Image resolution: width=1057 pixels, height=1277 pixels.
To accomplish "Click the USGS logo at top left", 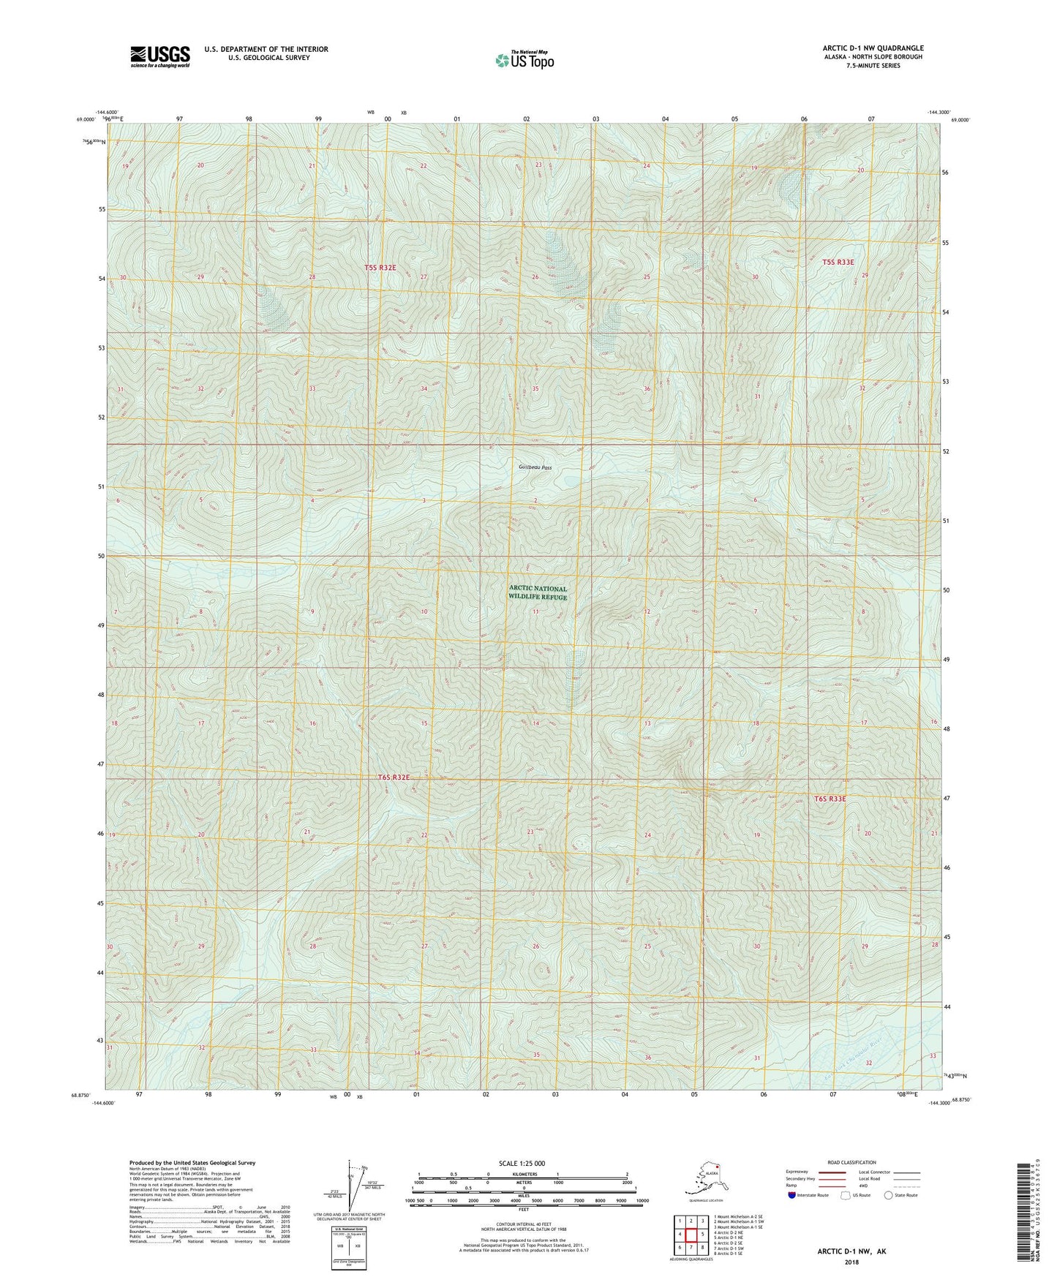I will click(159, 56).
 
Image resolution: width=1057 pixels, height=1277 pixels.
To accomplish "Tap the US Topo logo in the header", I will click(524, 60).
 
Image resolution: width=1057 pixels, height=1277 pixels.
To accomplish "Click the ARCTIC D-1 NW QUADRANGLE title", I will click(872, 48).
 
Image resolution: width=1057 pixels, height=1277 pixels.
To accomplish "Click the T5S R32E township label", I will click(380, 268).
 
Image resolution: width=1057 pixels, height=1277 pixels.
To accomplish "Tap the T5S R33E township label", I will click(838, 262).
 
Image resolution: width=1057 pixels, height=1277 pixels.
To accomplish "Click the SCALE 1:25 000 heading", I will click(523, 1163).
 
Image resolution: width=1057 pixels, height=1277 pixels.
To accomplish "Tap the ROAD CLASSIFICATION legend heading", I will click(851, 1162).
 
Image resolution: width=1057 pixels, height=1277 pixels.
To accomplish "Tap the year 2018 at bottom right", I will click(851, 1262).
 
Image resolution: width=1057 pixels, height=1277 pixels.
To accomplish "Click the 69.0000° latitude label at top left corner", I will click(86, 119).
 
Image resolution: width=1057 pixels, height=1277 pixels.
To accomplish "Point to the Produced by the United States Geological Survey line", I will click(192, 1162).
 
